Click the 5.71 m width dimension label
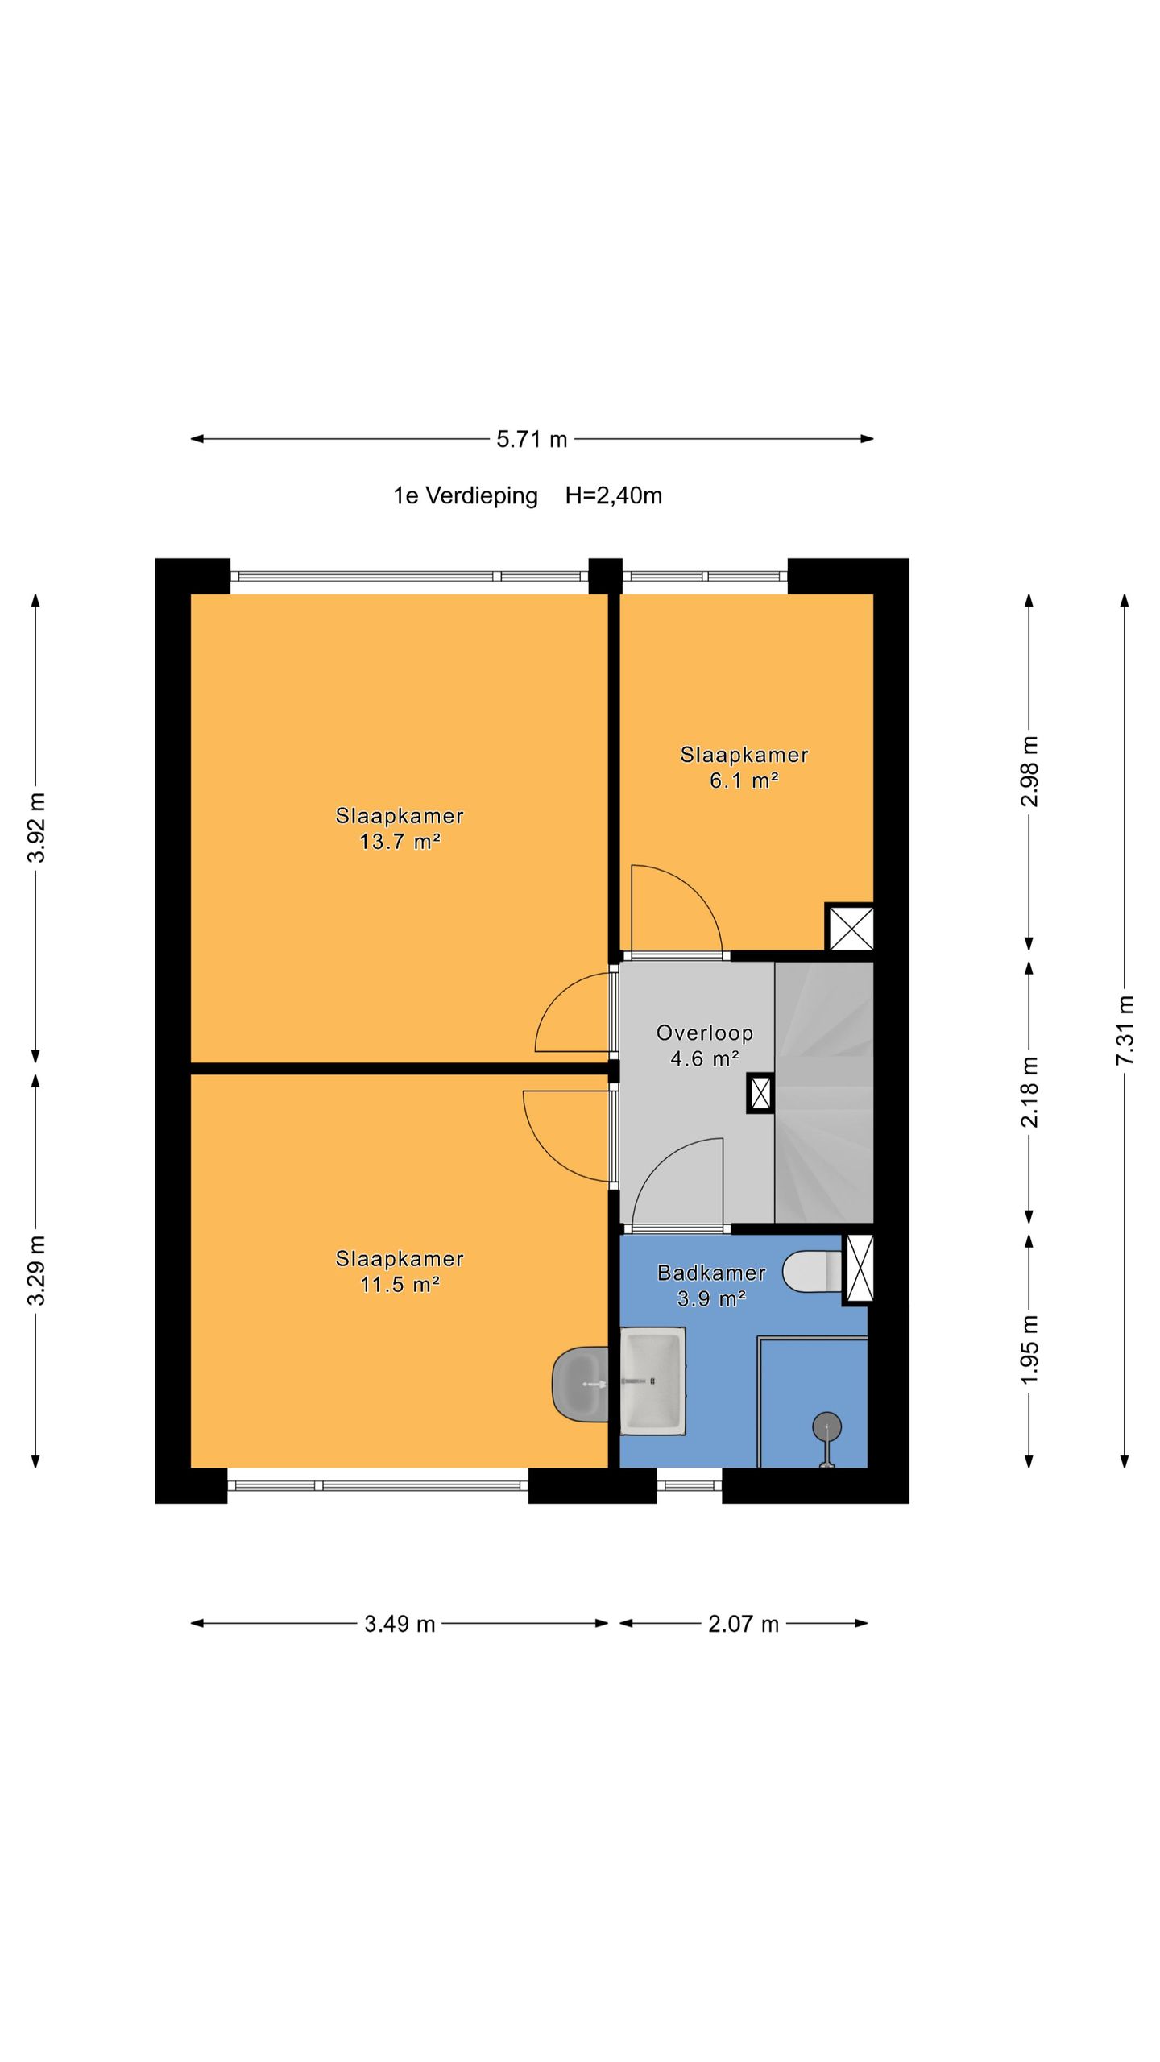532,439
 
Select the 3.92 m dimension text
36,826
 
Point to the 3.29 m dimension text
36,1269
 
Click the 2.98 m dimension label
1029,772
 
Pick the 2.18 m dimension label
1029,1091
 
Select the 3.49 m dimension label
400,1624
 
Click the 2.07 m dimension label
744,1624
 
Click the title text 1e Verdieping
466,496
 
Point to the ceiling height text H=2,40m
614,495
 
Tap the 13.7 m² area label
400,842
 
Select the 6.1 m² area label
744,780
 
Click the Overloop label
705,1033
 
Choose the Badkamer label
711,1273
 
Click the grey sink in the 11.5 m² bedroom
580,1384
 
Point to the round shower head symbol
826,1427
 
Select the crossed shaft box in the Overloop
760,1093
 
